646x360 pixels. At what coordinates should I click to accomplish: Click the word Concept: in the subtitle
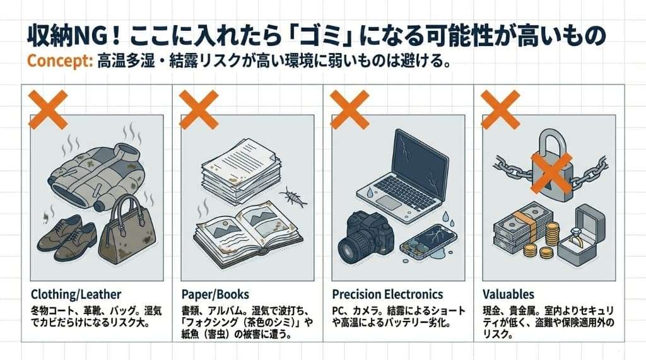click(60, 61)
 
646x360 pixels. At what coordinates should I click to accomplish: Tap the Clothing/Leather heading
click(76, 294)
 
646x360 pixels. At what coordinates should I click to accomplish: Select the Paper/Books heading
click(215, 294)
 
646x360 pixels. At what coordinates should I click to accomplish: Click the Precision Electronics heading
click(387, 294)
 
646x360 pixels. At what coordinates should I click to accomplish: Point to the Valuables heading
click(508, 294)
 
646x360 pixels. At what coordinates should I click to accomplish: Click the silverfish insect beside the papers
click(293, 197)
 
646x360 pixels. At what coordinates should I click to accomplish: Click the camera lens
click(353, 250)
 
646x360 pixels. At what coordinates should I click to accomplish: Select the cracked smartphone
click(428, 242)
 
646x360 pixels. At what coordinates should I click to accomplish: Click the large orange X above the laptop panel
click(349, 110)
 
